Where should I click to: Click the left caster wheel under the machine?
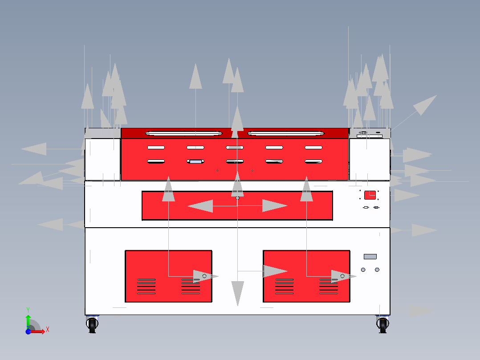coord(92,324)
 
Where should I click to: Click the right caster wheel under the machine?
coord(382,324)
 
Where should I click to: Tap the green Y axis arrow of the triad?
coord(28,322)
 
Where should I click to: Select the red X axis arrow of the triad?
coord(37,331)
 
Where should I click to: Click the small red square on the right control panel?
coord(370,195)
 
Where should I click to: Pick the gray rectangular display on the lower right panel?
coord(370,257)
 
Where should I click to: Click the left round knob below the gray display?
coord(363,270)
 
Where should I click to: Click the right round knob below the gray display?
coord(377,270)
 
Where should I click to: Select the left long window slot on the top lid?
coord(183,133)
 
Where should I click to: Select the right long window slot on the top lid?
coord(285,133)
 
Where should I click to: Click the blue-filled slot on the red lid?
coord(195,161)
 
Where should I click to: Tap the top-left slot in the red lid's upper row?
coord(156,147)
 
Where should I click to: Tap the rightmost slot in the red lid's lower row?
coord(313,161)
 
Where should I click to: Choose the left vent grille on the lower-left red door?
coord(146,286)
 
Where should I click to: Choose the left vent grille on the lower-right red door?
coord(285,286)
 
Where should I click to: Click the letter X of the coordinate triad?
coord(48,330)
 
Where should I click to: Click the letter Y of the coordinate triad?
coord(28,310)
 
